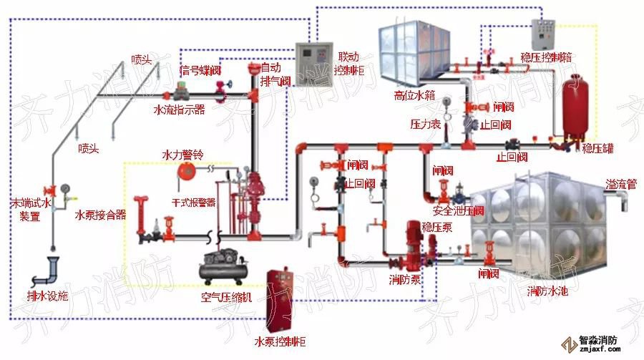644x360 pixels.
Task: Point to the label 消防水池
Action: [550, 292]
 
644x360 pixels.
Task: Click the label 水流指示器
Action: [180, 110]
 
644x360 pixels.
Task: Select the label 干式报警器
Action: [194, 203]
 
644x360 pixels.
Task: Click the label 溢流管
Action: [620, 184]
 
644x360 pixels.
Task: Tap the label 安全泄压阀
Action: [459, 210]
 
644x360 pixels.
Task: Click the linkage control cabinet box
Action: [314, 60]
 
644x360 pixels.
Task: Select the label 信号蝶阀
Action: [200, 70]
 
